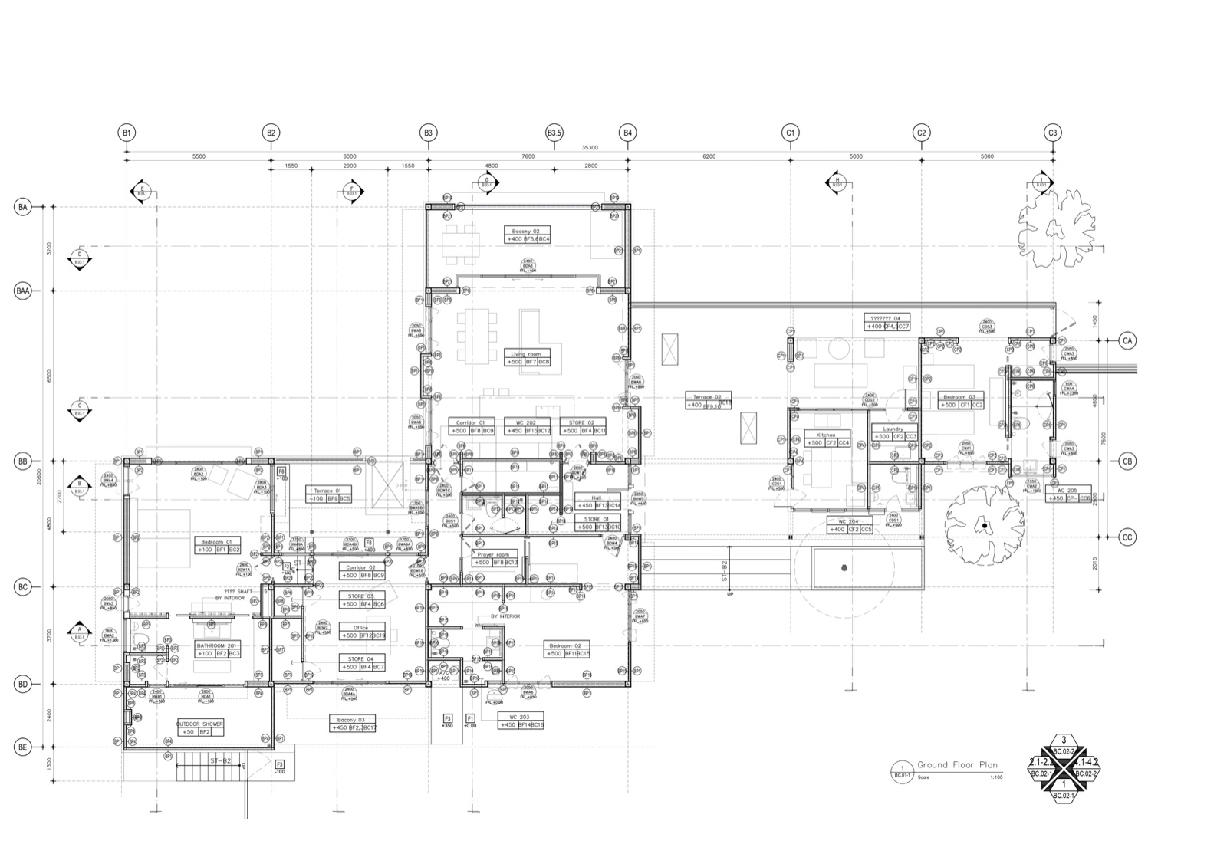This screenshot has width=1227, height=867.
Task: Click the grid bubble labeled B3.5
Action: click(x=554, y=133)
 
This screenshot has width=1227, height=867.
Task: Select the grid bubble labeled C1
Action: click(x=790, y=133)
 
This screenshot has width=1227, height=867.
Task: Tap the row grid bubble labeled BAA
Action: click(x=23, y=291)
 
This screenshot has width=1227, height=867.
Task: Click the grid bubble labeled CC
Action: click(x=1127, y=537)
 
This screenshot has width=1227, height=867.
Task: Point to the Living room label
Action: click(x=525, y=355)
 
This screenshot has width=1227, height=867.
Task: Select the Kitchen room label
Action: click(x=825, y=435)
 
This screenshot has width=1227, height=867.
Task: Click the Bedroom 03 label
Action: click(x=959, y=397)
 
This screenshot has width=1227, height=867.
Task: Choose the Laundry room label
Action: click(x=893, y=429)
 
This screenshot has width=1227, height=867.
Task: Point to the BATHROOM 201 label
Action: click(x=217, y=645)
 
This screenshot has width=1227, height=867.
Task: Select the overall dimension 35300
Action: click(x=589, y=147)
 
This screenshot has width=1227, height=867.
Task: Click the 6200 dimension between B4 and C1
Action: click(x=709, y=156)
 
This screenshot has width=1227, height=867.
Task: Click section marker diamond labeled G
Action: click(x=486, y=183)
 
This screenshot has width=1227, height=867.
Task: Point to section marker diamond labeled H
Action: click(x=837, y=183)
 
